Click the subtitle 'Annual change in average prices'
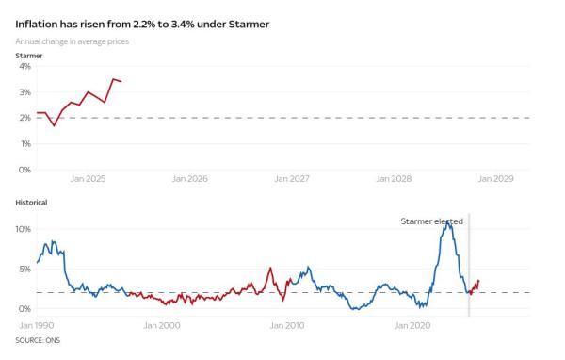(72, 41)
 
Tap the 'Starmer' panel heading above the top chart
(29, 56)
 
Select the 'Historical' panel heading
(32, 202)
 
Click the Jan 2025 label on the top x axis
(88, 178)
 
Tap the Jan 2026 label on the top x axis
(190, 178)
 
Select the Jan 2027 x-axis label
(292, 178)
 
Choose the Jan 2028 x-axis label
(395, 178)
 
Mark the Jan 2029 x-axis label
(497, 178)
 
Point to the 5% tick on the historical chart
(25, 269)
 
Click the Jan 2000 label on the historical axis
(162, 326)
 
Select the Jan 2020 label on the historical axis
(412, 326)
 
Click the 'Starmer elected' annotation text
(431, 221)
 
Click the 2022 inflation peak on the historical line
(447, 223)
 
